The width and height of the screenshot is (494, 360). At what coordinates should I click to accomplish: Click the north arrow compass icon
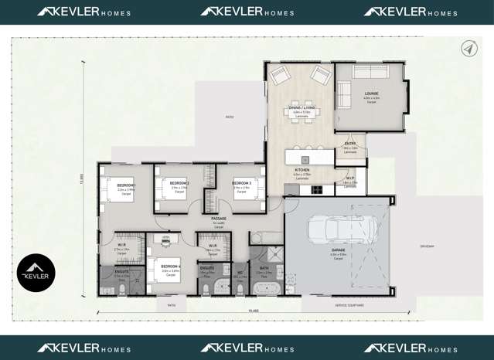(469, 49)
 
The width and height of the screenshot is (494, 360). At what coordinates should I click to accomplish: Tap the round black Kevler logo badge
(36, 272)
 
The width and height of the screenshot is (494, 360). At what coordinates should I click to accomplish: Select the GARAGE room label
(338, 250)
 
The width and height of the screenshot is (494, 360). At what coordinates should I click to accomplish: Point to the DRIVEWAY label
(428, 246)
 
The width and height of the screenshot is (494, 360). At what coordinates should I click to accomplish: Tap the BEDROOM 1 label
(126, 185)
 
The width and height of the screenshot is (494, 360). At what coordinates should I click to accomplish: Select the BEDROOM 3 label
(240, 184)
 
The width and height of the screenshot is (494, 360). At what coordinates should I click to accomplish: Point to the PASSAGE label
(219, 219)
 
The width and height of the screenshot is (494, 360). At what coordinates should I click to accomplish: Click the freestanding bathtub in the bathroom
(268, 290)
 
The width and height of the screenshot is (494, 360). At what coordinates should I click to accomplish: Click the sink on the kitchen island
(305, 160)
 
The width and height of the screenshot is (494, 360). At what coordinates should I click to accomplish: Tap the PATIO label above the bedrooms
(229, 117)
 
